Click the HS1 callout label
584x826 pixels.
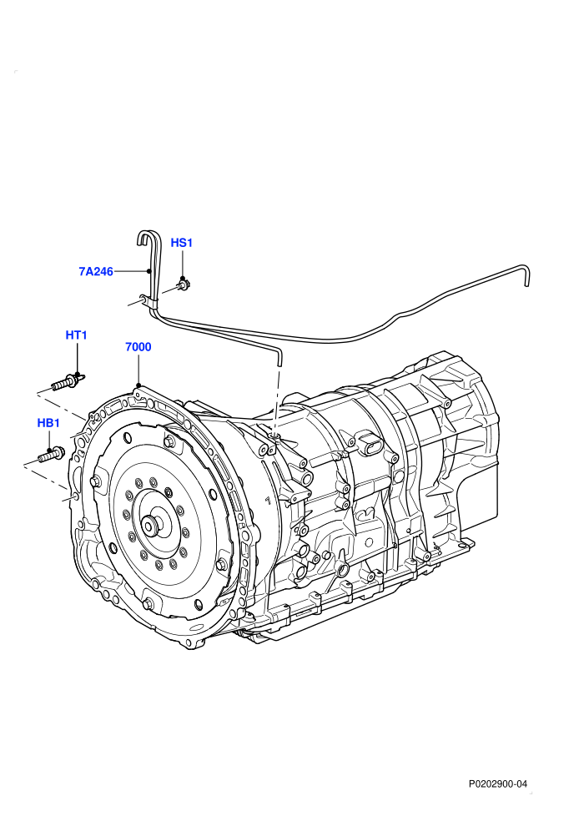click(182, 243)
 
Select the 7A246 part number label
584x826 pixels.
click(96, 272)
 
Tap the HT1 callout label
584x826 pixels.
click(77, 335)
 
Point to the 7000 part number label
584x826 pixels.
click(138, 346)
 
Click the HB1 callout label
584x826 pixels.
click(48, 423)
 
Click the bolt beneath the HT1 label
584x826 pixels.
click(68, 380)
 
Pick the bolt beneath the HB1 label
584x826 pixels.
click(51, 454)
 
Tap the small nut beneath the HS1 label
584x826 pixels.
click(183, 285)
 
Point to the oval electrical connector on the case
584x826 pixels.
click(370, 446)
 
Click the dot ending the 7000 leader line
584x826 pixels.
click(138, 385)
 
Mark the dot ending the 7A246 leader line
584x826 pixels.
click(149, 271)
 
